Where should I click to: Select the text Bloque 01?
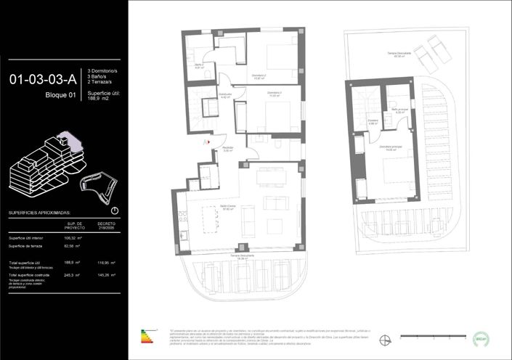click(x=60, y=95)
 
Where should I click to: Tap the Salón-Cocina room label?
click(x=228, y=209)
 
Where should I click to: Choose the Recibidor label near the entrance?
click(x=227, y=150)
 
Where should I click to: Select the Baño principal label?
click(x=400, y=111)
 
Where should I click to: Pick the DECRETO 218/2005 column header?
click(x=107, y=226)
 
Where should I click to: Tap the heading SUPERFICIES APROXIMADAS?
click(x=39, y=213)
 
